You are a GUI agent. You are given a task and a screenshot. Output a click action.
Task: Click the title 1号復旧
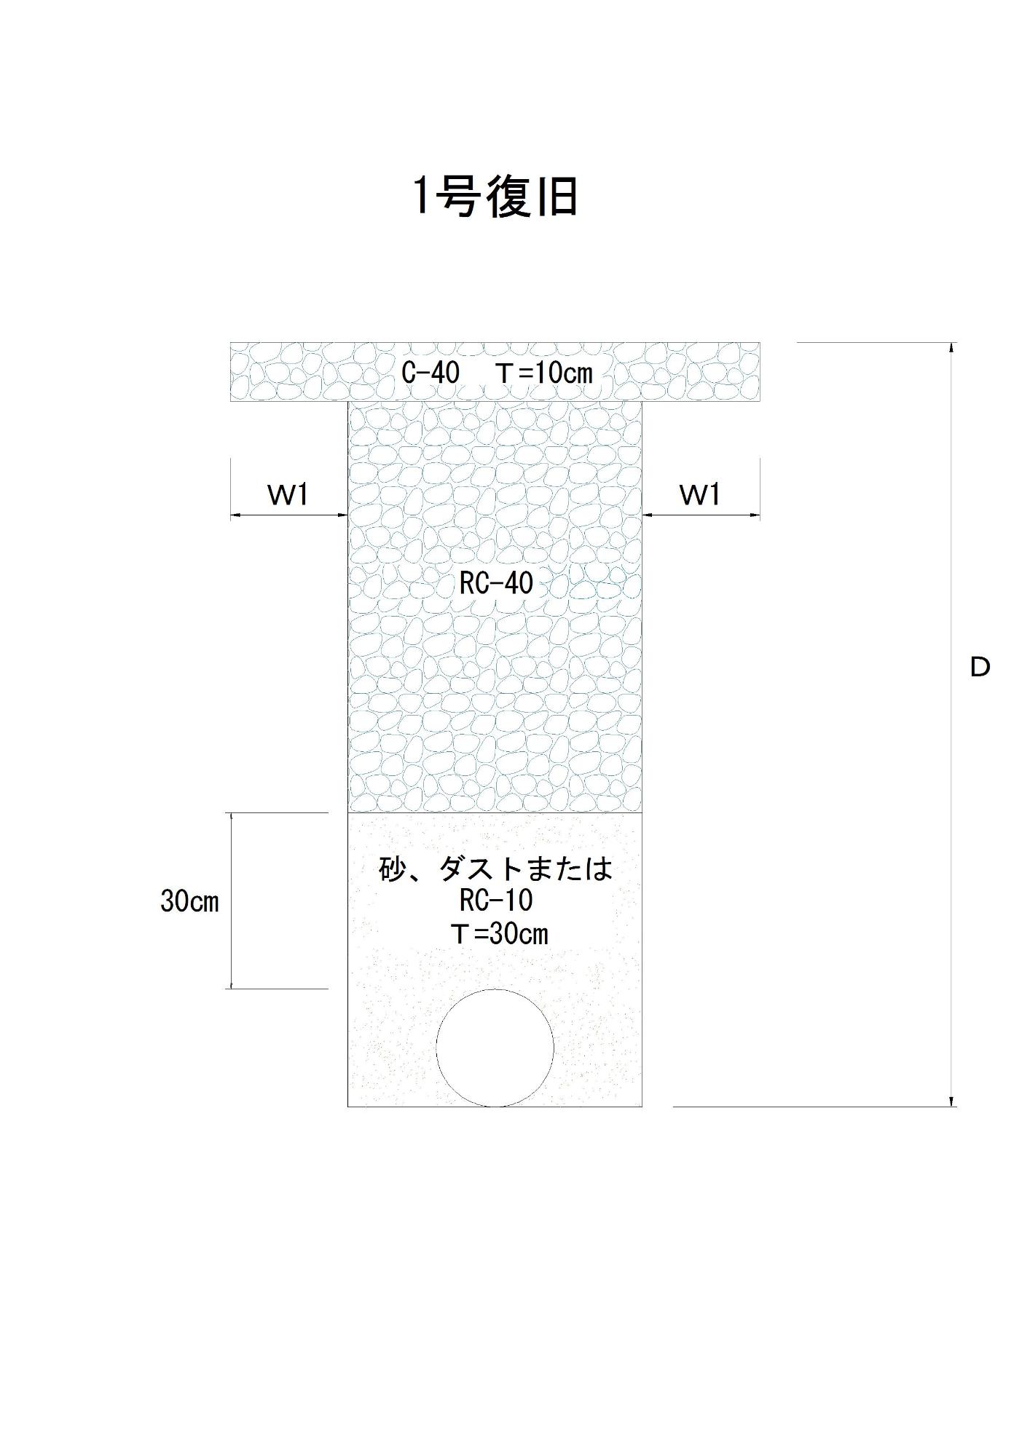click(495, 197)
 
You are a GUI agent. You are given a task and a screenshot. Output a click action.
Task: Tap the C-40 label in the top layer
click(431, 373)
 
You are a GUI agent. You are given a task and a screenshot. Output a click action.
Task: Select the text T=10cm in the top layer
click(544, 373)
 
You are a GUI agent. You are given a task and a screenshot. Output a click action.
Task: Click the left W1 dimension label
click(288, 495)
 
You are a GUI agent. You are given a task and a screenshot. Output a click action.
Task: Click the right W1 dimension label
click(700, 495)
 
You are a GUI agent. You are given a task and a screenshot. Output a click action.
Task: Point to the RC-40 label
click(496, 583)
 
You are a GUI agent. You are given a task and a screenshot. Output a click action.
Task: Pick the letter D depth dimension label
click(980, 667)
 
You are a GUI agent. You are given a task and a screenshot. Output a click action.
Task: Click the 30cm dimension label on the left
click(189, 902)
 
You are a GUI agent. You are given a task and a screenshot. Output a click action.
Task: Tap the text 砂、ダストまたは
click(496, 869)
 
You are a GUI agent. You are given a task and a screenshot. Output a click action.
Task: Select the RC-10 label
click(496, 901)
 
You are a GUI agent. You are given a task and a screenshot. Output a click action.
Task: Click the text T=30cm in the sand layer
click(500, 933)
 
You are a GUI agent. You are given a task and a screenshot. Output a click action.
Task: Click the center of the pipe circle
click(495, 1048)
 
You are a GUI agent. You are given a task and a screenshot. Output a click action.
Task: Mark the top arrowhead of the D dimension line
click(951, 347)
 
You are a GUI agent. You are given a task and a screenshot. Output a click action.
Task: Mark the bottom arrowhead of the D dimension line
click(951, 1101)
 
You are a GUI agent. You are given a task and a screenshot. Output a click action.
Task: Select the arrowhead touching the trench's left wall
click(342, 515)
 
